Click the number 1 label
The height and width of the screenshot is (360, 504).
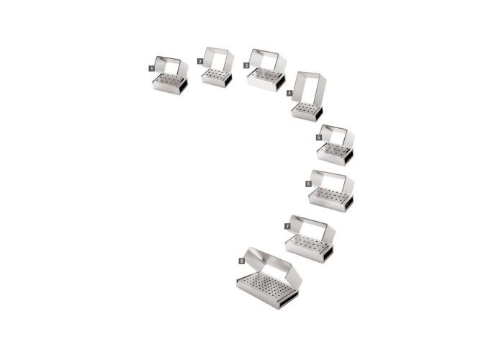click(151, 68)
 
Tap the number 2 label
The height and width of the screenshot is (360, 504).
click(200, 61)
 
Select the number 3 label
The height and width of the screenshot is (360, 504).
click(246, 66)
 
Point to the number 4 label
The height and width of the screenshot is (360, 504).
click(289, 93)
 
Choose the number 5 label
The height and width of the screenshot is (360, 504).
click(318, 138)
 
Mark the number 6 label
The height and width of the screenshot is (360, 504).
click(308, 184)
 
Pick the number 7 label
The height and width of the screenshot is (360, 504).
click(287, 226)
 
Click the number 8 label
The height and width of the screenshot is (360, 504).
click(241, 261)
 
